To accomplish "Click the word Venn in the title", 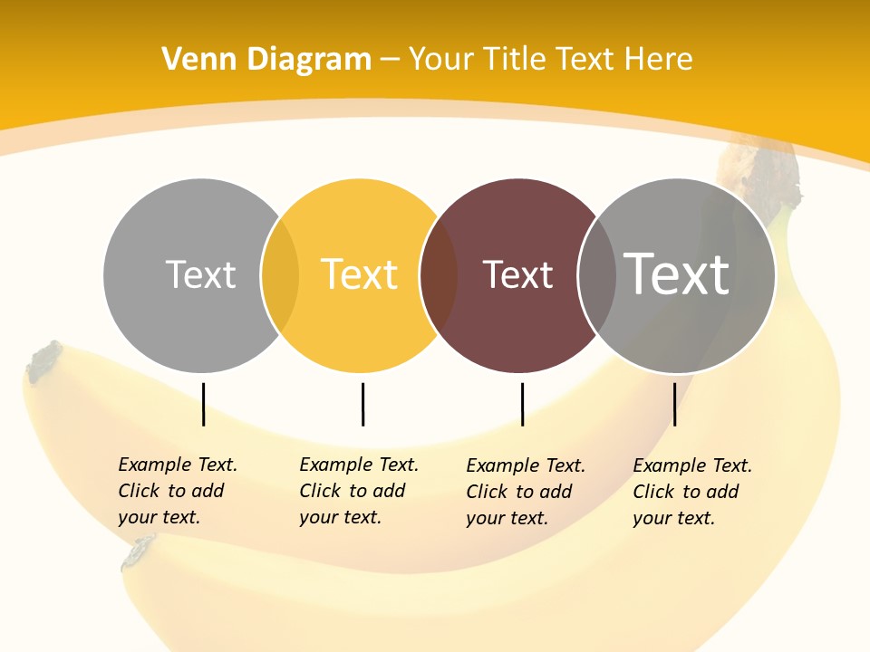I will coord(191,60).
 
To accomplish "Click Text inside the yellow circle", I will coord(360,274).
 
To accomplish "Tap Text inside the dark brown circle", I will coord(517,275).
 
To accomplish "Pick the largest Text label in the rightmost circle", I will coord(677,273).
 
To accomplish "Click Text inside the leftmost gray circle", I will coord(200,274).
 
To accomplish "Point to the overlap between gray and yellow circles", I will coord(280,275).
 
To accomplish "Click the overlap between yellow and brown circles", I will coord(440,275).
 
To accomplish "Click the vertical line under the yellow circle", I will coord(362,404).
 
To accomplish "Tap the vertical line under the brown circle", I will coord(522,404).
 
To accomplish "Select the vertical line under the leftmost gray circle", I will coord(203,404).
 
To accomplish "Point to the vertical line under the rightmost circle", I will coord(674,404).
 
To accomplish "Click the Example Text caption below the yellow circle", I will coord(359,491).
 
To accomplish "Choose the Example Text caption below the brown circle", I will coord(526,492).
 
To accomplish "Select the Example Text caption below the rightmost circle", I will coord(692,492).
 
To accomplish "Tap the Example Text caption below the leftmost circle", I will coord(178,491).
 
